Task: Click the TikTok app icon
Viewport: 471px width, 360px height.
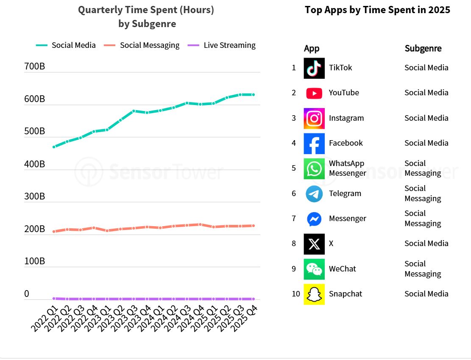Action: pyautogui.click(x=314, y=68)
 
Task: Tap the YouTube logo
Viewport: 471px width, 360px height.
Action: pyautogui.click(x=314, y=93)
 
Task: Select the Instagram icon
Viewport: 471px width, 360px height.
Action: pyautogui.click(x=314, y=118)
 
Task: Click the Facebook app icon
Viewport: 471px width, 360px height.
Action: pyautogui.click(x=314, y=144)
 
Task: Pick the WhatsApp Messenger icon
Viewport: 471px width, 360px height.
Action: pyautogui.click(x=314, y=169)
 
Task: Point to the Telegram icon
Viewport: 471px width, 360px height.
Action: pyautogui.click(x=314, y=194)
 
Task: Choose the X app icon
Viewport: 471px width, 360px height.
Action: pyautogui.click(x=314, y=244)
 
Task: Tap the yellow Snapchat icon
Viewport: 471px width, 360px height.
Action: pyautogui.click(x=314, y=294)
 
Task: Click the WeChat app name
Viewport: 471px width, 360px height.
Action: pyautogui.click(x=342, y=269)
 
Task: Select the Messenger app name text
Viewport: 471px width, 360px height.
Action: pyautogui.click(x=347, y=219)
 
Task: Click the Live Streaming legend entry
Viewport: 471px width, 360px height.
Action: pyautogui.click(x=229, y=45)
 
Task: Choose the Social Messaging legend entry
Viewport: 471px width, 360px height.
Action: pyautogui.click(x=149, y=45)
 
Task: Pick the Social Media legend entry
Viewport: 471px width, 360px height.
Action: pyautogui.click(x=73, y=45)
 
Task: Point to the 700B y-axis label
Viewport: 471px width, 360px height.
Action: pyautogui.click(x=35, y=66)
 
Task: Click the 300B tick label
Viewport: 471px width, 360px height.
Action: pyautogui.click(x=35, y=197)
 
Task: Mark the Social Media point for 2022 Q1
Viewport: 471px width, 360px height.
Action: pyautogui.click(x=54, y=147)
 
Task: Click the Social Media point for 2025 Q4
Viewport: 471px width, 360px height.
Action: pyautogui.click(x=254, y=94)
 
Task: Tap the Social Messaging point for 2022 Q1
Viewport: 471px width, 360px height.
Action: pyautogui.click(x=54, y=231)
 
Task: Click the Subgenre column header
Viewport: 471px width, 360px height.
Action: pyautogui.click(x=423, y=49)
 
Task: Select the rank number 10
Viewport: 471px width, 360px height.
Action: pyautogui.click(x=295, y=294)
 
